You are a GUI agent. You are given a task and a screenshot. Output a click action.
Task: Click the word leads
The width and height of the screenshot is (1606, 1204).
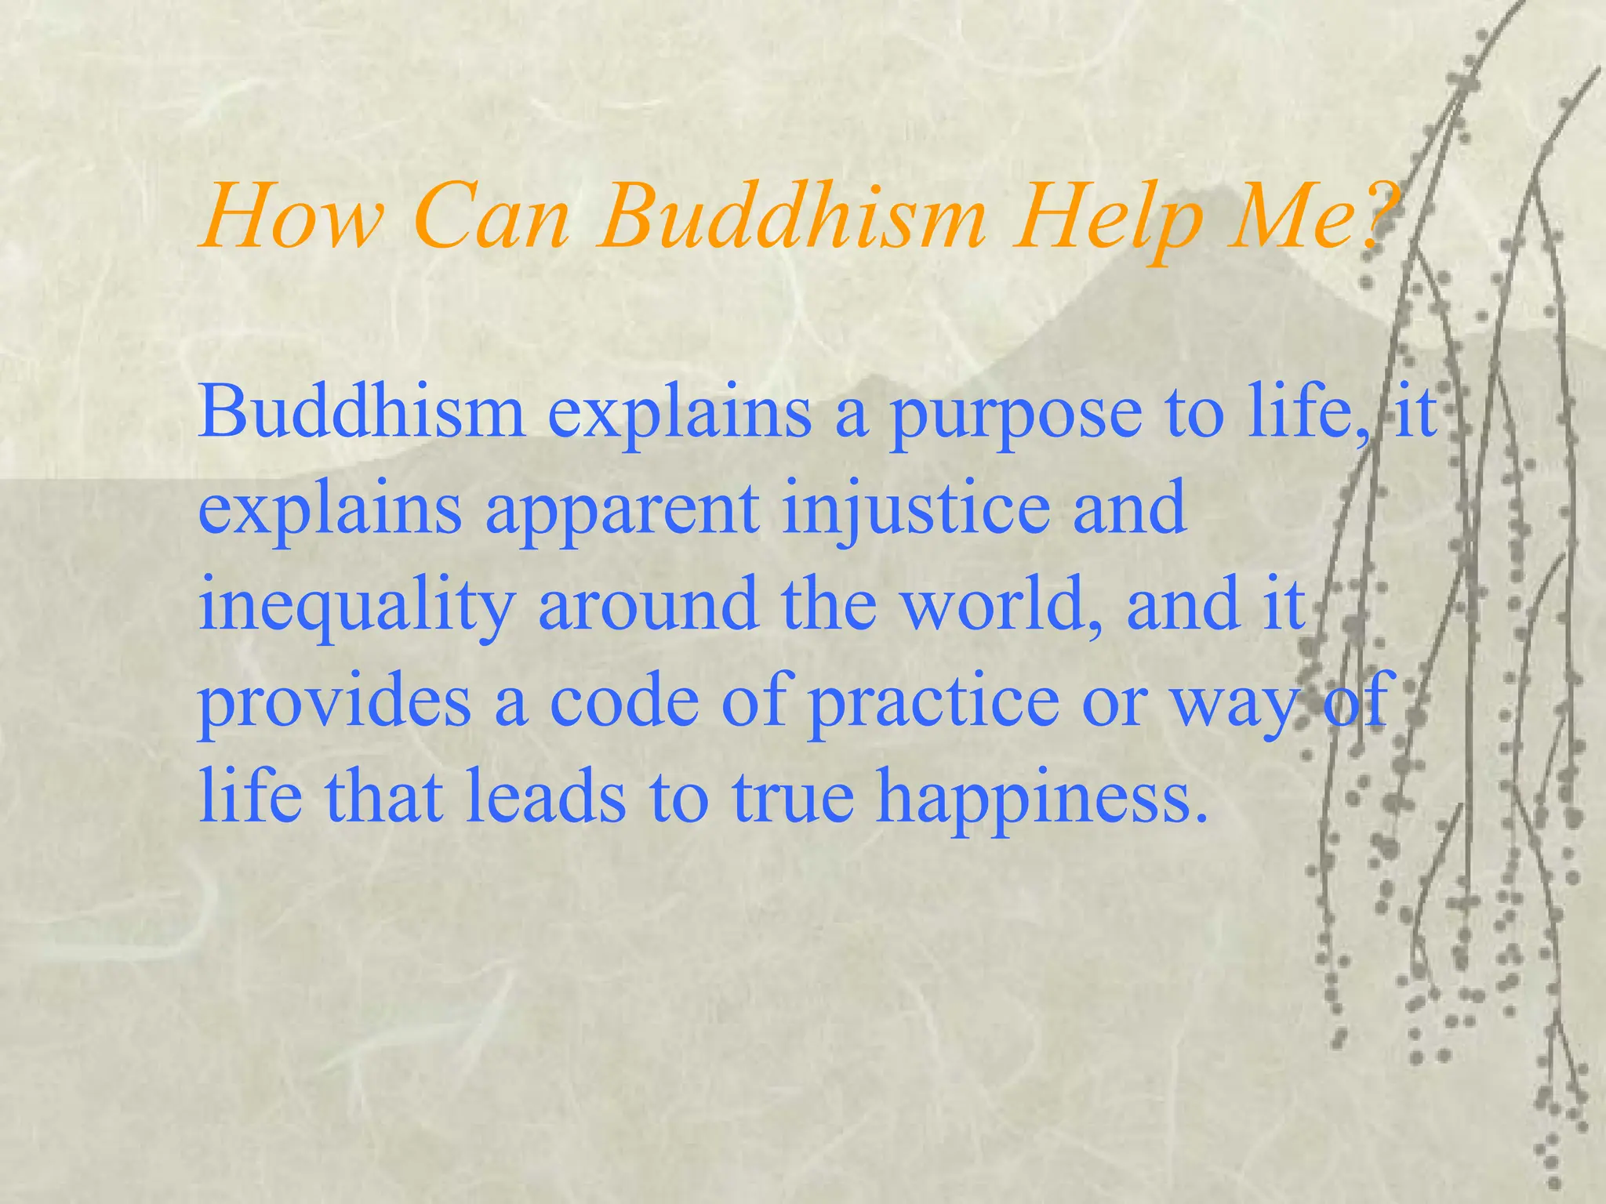point(546,796)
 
